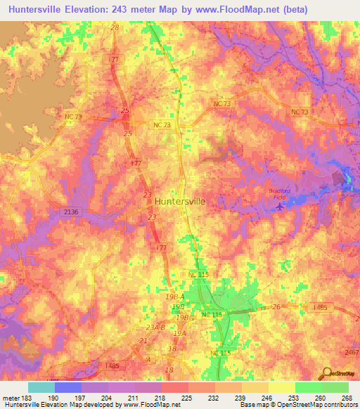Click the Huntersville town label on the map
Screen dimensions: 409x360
tap(180, 200)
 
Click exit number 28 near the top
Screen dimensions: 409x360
tap(115, 27)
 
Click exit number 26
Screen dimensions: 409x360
tap(276, 306)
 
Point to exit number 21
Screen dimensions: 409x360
tap(143, 340)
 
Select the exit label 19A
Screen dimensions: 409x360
tap(180, 334)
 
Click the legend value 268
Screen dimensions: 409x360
tap(346, 397)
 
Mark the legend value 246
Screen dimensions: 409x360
tap(267, 397)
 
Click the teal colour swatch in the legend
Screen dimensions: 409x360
tap(41, 387)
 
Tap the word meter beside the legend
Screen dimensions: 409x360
tap(11, 397)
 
